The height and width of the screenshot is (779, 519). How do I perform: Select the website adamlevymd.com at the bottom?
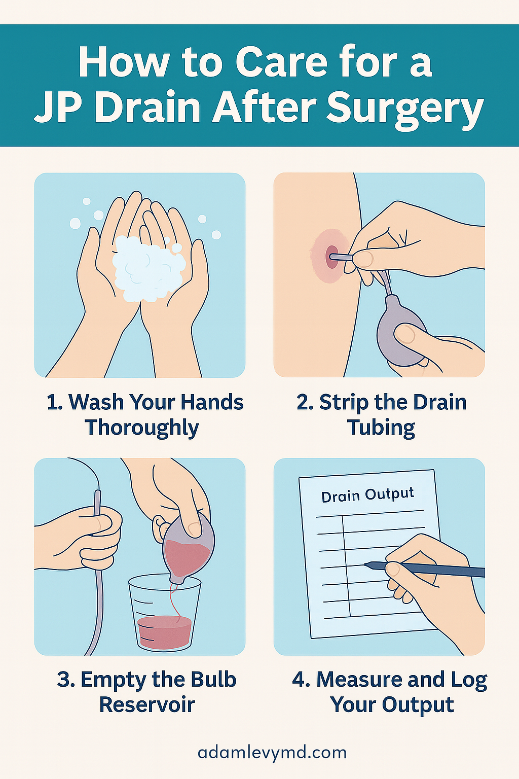click(x=272, y=753)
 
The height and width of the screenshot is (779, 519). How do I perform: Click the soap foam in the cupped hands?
click(x=147, y=267)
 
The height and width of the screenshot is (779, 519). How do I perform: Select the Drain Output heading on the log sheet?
click(x=367, y=495)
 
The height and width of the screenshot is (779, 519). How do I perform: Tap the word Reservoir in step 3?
click(x=147, y=705)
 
